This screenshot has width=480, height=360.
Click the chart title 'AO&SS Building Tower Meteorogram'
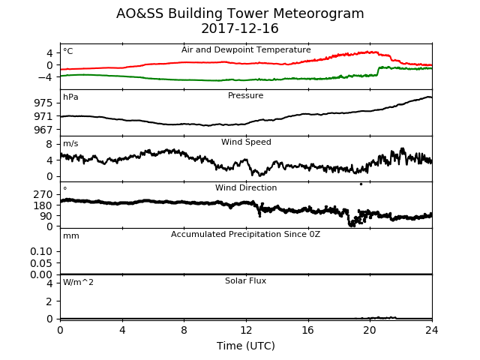point(240,13)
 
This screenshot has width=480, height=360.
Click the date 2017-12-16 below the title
point(240,28)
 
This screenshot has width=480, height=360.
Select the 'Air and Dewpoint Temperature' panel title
point(246,50)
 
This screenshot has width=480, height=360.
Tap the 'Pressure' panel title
point(245,95)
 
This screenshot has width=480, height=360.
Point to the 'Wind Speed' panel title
point(246,142)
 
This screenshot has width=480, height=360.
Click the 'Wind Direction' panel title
point(246,187)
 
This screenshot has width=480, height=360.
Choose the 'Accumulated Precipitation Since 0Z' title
point(245,235)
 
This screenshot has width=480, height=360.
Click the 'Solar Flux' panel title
point(245,280)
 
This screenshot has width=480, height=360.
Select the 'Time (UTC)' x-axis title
point(246,346)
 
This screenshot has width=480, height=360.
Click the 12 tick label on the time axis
point(246,330)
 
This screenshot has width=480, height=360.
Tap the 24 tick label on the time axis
point(432,330)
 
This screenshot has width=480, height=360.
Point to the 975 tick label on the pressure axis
point(43,103)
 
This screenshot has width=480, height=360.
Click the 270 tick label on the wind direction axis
point(43,194)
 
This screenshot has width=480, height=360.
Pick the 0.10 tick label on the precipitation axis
point(41,251)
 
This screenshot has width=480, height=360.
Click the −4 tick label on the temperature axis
point(45,76)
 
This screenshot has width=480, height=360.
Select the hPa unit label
point(70,97)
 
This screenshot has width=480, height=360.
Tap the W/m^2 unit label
point(78,282)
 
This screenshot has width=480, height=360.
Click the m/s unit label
point(70,143)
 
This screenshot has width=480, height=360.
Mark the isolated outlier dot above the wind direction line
point(361,184)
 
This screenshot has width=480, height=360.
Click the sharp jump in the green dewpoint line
point(378,70)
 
